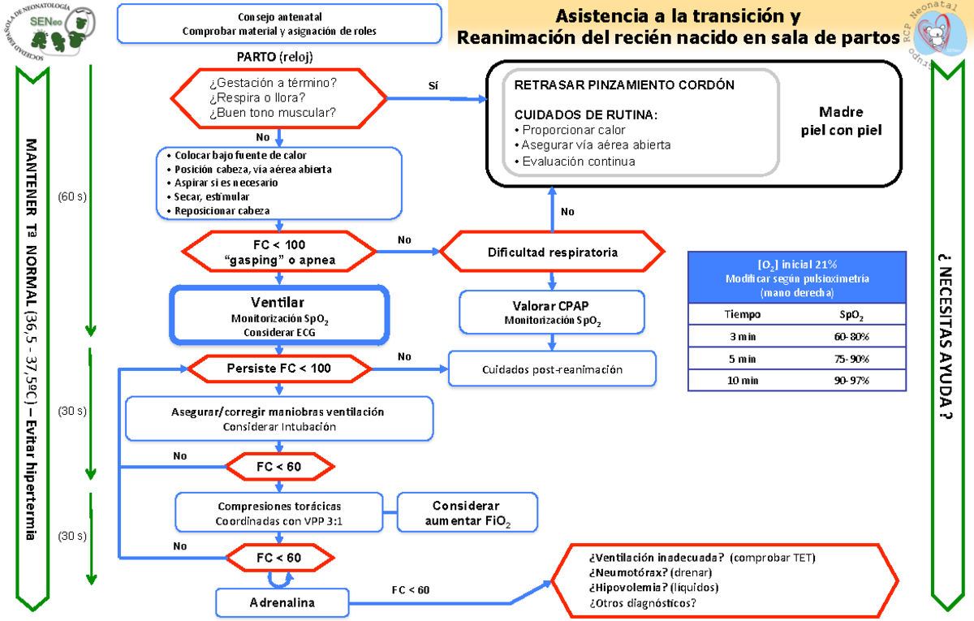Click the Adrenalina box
click(x=282, y=603)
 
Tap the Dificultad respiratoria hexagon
click(x=552, y=252)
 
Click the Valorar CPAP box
click(x=552, y=313)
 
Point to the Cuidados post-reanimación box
click(x=552, y=369)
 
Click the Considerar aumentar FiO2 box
click(x=467, y=513)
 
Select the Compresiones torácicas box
click(x=279, y=513)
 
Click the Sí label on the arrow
click(x=433, y=85)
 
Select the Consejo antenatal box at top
click(x=279, y=24)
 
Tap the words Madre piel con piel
click(x=841, y=121)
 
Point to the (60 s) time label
click(x=72, y=196)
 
